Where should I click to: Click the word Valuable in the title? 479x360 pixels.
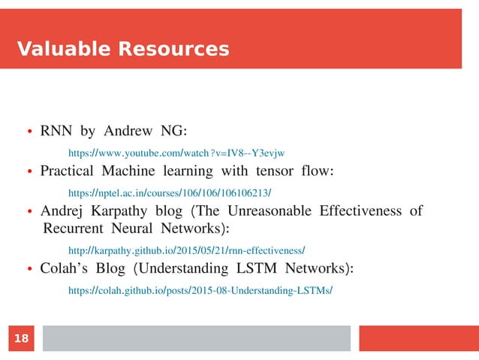61,50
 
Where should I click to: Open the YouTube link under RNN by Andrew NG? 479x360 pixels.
176,151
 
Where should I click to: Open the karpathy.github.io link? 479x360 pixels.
186,250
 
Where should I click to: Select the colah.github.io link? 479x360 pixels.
200,290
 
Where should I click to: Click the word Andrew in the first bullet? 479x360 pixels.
130,132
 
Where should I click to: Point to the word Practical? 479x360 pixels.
71,171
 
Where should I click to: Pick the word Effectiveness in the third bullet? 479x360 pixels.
363,210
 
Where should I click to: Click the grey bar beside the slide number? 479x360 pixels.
196,338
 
